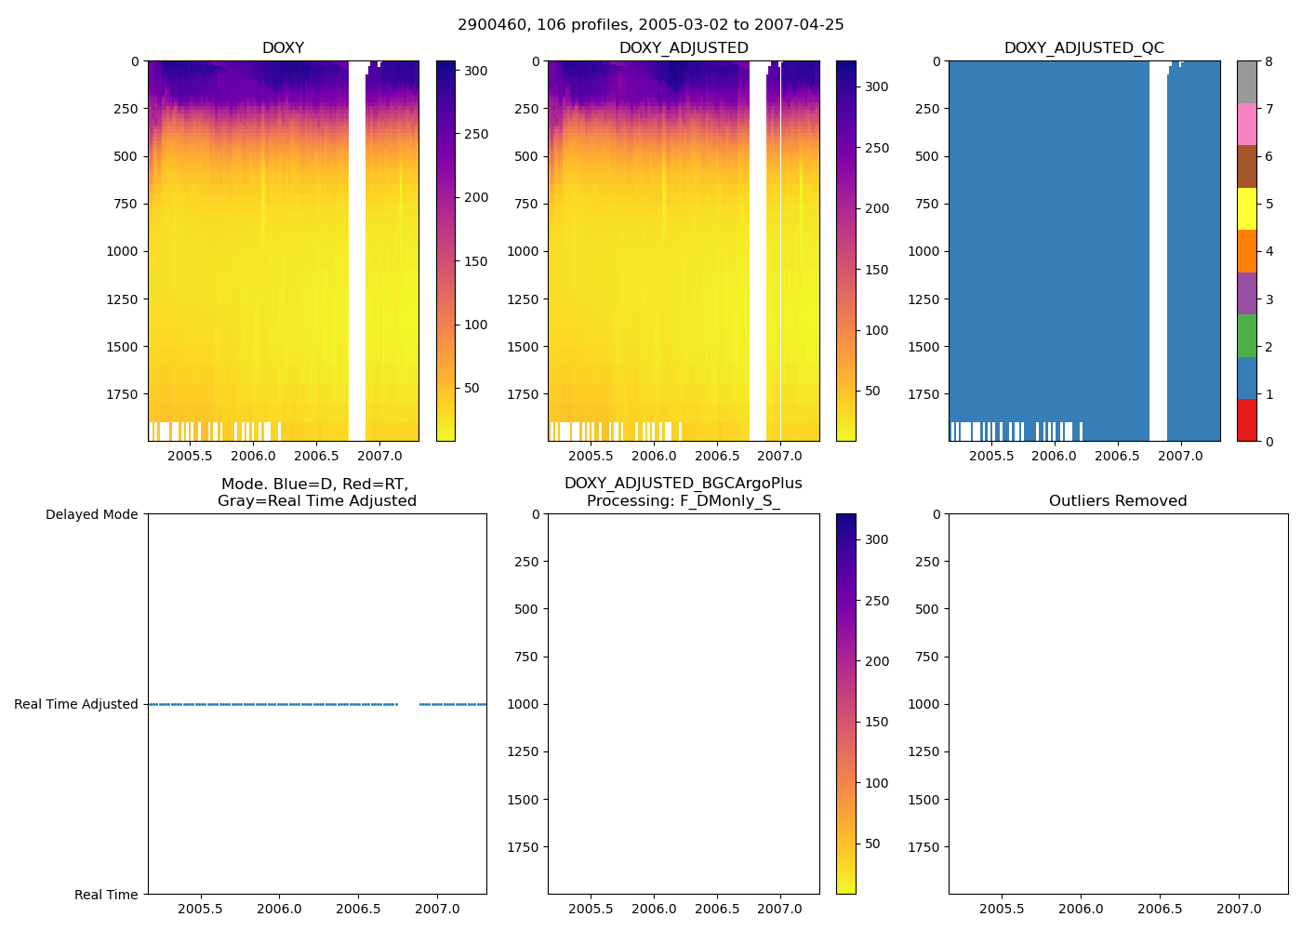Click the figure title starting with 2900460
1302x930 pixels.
click(650, 25)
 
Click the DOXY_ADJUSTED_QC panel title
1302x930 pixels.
click(1083, 48)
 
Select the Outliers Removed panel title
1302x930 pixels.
click(1118, 501)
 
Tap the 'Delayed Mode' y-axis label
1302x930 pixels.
click(91, 514)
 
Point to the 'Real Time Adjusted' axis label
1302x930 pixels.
click(76, 704)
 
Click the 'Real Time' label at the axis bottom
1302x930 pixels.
click(106, 895)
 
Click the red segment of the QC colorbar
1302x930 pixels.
click(1247, 420)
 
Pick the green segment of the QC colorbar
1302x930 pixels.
click(1247, 336)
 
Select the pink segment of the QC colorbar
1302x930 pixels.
click(1247, 125)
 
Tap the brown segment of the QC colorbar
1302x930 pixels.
click(1247, 166)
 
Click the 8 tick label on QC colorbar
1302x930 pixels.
click(1269, 61)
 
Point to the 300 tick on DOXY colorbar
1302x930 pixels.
click(476, 71)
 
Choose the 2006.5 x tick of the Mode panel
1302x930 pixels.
click(358, 909)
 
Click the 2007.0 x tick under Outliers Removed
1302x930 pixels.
click(1240, 909)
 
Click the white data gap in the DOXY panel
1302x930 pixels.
click(357, 251)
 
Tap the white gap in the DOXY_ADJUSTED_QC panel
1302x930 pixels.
click(1158, 251)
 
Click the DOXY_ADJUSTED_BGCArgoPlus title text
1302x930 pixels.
click(683, 484)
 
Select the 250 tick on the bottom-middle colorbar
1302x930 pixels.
click(877, 601)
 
